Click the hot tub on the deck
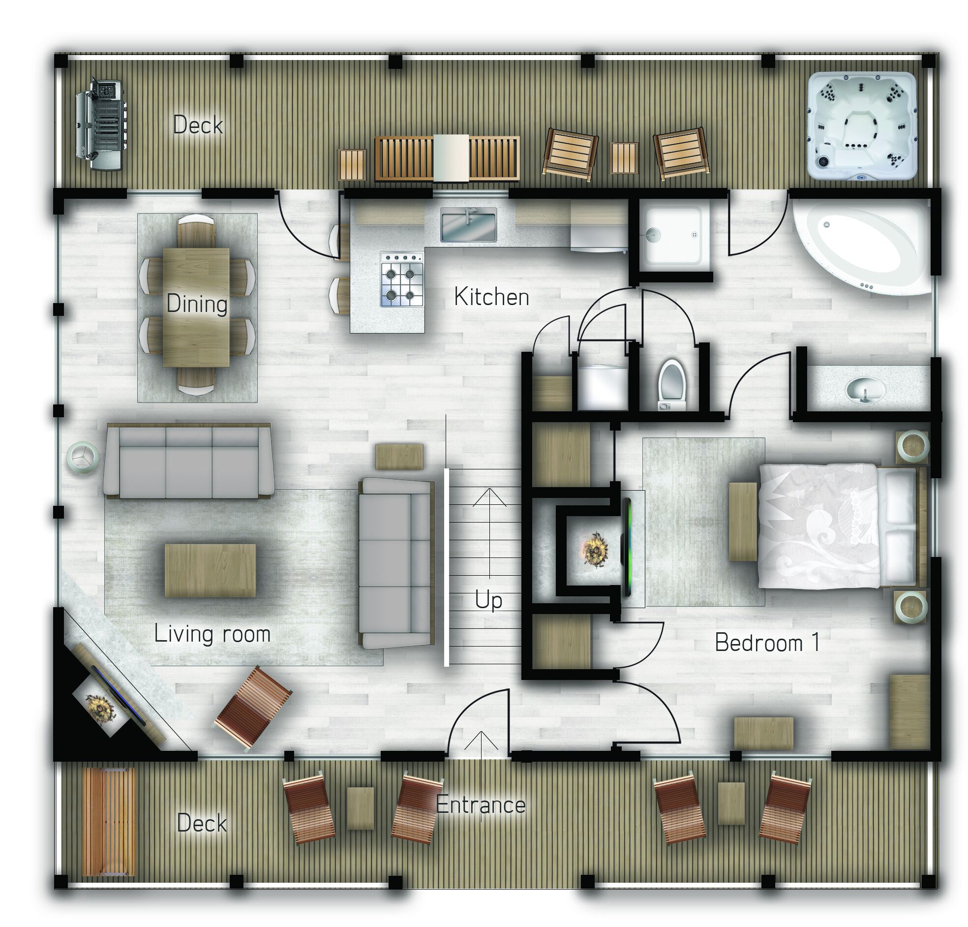[x=861, y=125]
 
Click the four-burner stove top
[x=402, y=278]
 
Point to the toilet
[x=672, y=384]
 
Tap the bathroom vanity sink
[x=865, y=388]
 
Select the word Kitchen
[x=491, y=297]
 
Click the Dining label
[x=197, y=304]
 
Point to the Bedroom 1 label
[x=767, y=643]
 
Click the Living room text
[x=212, y=634]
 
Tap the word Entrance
[x=481, y=805]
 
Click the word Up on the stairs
[x=488, y=601]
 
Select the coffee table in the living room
[x=211, y=570]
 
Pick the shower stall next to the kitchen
[x=674, y=235]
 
